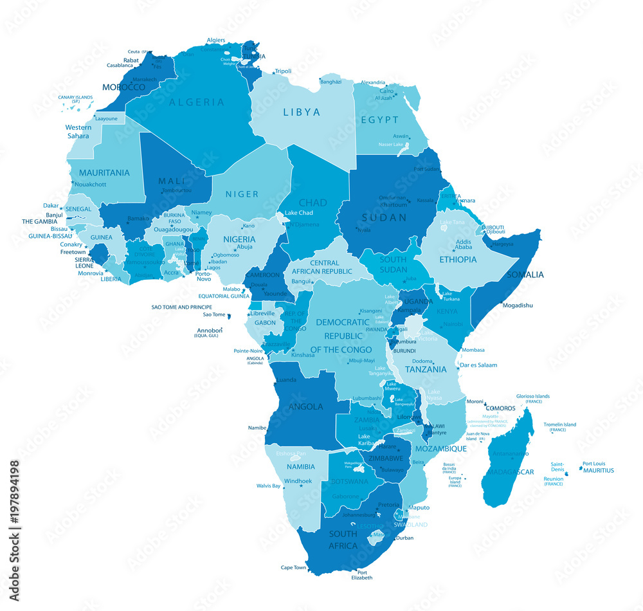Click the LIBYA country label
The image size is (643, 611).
(x=302, y=113)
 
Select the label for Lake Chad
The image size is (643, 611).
(x=299, y=213)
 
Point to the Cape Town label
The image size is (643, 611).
(x=293, y=567)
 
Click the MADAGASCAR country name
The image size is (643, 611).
(x=511, y=472)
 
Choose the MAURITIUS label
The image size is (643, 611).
(x=598, y=470)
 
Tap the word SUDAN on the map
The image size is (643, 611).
(x=384, y=217)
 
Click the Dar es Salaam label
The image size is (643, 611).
(x=479, y=365)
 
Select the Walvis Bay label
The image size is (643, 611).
(x=268, y=486)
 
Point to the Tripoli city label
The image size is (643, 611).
(x=283, y=71)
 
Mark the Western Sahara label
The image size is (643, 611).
(x=78, y=132)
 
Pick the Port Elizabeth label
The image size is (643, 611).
(x=362, y=575)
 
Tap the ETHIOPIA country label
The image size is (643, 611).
(x=458, y=260)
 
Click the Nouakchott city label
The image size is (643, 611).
(x=90, y=185)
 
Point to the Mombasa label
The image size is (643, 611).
(x=473, y=350)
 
